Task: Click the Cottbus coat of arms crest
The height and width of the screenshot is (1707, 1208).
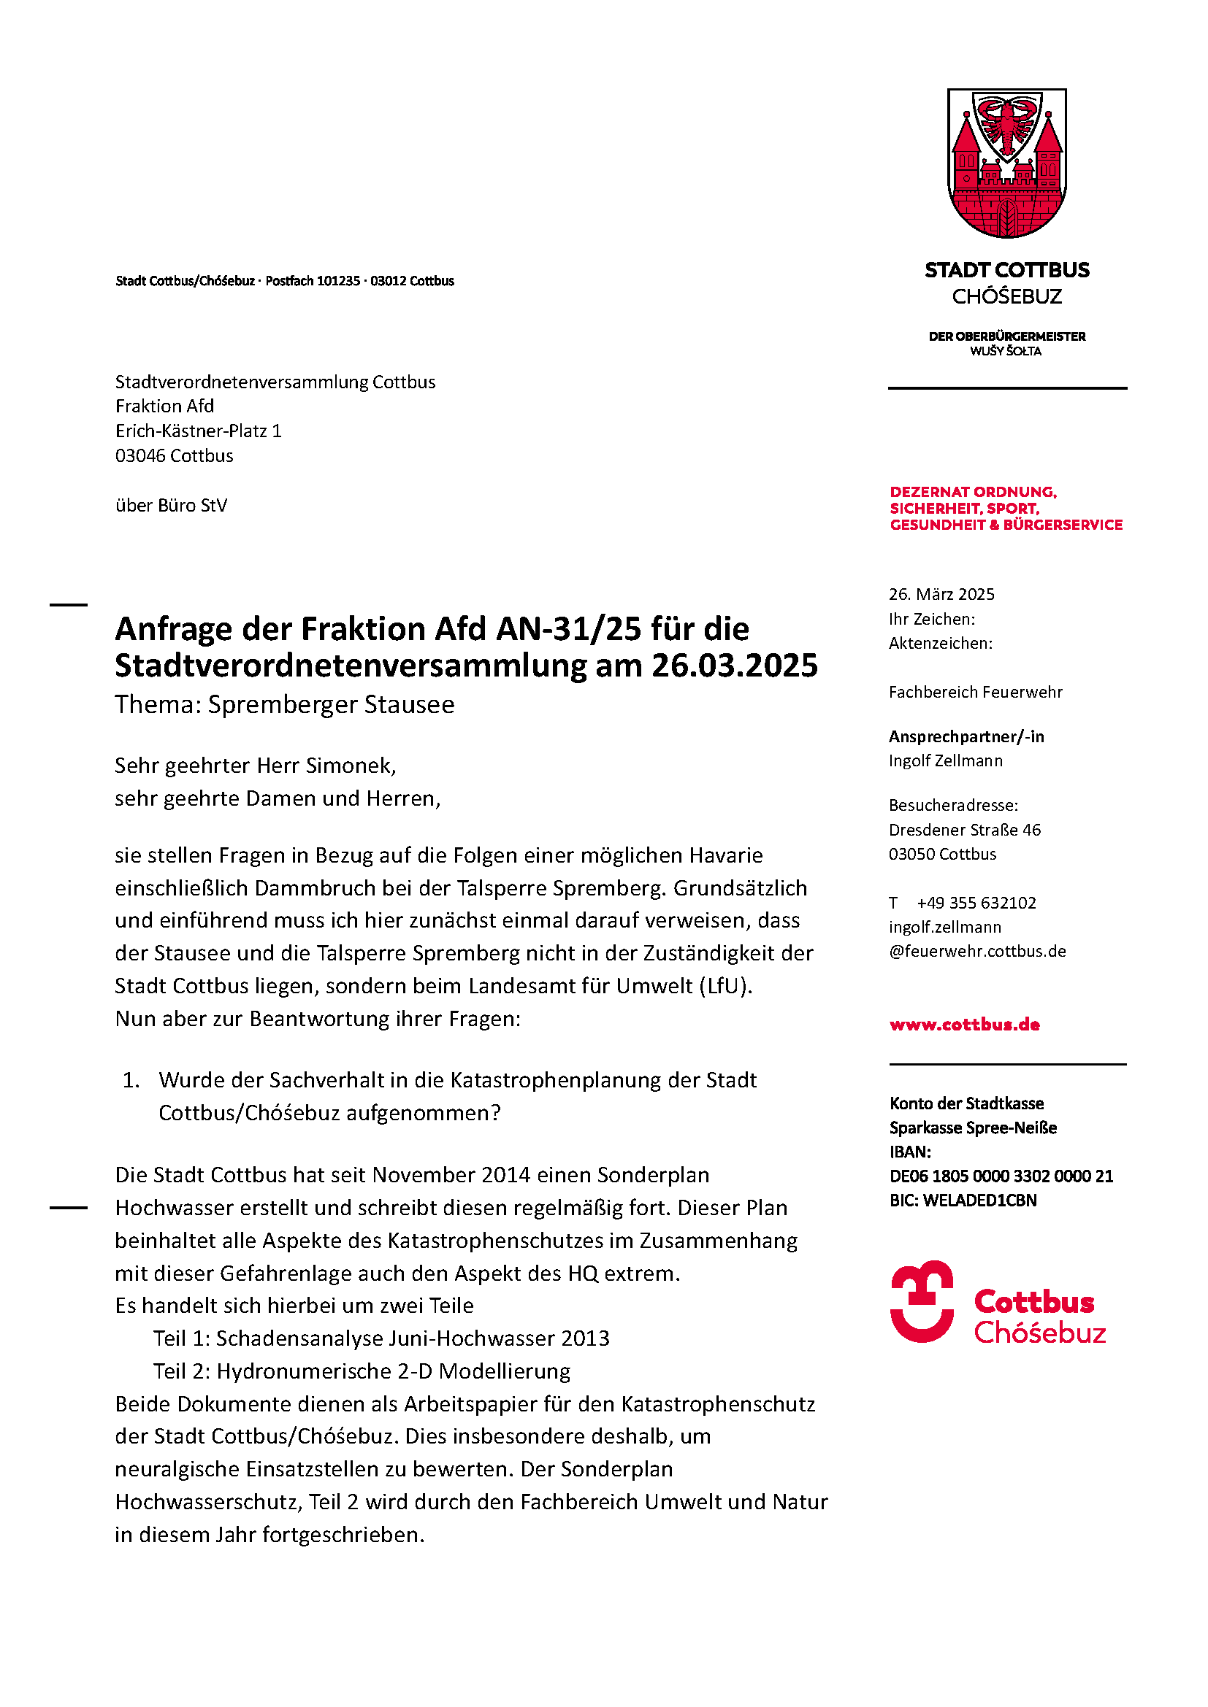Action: point(1006,163)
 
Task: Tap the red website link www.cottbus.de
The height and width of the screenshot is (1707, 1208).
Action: point(964,1025)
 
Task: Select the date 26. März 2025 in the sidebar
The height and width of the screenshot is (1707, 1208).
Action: point(941,594)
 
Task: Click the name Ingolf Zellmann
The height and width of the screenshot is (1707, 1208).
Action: point(945,760)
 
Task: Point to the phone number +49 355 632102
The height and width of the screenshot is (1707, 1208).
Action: point(976,903)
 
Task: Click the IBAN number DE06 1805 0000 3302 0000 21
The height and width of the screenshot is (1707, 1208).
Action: point(1001,1176)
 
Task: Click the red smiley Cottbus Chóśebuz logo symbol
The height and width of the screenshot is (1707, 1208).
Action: point(922,1301)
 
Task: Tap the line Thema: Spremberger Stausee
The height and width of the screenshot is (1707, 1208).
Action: point(284,704)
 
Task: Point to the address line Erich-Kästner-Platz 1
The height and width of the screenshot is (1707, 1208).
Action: point(198,431)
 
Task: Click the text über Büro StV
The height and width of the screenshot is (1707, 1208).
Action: point(171,506)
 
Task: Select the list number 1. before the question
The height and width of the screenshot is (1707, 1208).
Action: point(131,1080)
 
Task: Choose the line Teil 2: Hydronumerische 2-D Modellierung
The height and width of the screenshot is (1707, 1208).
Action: point(362,1371)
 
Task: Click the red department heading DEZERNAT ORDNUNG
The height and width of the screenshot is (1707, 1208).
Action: point(972,492)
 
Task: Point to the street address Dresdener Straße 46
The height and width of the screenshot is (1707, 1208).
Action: point(964,830)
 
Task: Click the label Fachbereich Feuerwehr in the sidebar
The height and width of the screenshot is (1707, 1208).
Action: point(975,692)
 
